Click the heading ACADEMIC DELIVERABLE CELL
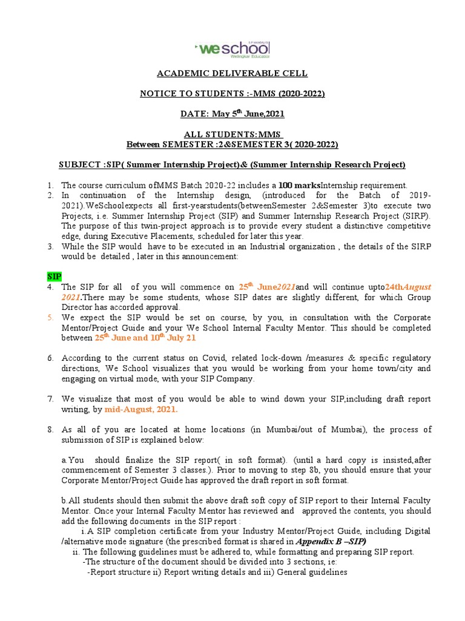point(232,73)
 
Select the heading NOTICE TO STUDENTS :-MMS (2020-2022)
point(232,93)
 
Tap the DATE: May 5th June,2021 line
point(232,113)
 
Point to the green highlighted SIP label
point(54,276)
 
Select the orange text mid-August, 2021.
point(141,409)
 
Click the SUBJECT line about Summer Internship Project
point(232,164)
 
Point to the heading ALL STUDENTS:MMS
point(232,134)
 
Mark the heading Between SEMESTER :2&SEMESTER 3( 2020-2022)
point(232,144)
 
